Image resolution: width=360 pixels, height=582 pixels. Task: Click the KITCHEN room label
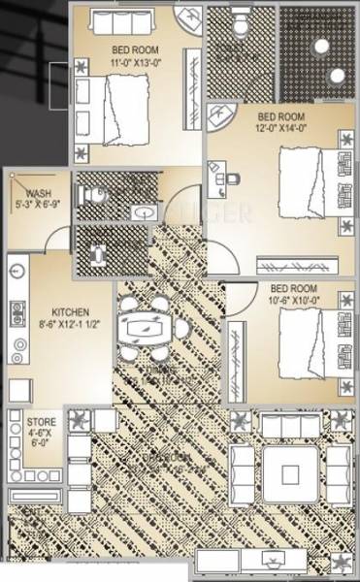tap(71, 312)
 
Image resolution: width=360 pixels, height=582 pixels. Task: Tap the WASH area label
tap(39, 193)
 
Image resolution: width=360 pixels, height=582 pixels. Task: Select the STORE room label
tap(42, 423)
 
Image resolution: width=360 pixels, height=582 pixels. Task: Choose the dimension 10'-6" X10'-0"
tap(294, 301)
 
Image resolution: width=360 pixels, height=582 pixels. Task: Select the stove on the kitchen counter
tap(16, 313)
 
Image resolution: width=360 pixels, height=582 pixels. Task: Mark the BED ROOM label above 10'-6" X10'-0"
tap(293, 288)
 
